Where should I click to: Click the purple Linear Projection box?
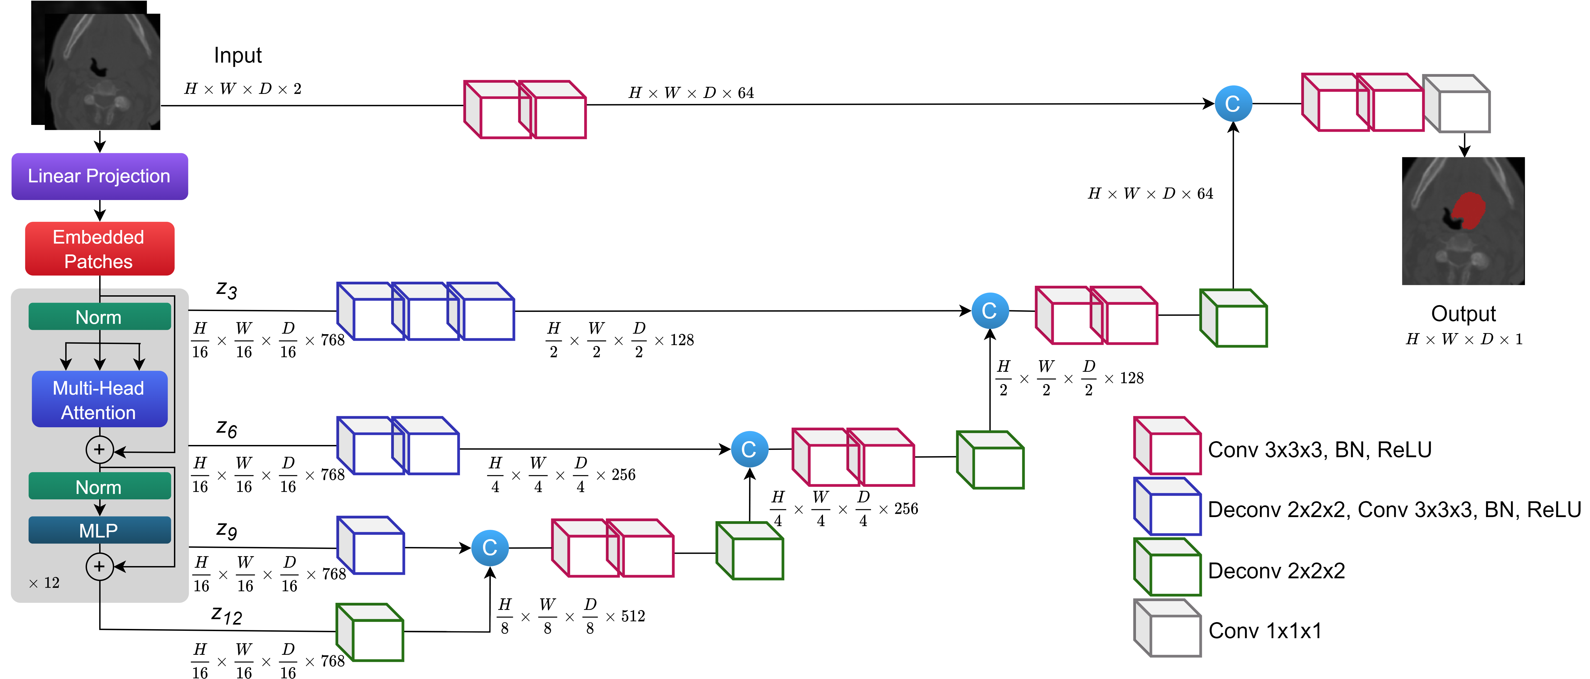(x=99, y=176)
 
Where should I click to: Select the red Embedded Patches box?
(x=99, y=249)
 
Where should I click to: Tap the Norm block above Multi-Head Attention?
(x=99, y=317)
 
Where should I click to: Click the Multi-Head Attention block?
(x=99, y=400)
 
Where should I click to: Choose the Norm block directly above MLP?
(x=99, y=487)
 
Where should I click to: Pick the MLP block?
(x=99, y=530)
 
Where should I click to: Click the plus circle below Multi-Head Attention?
(x=99, y=450)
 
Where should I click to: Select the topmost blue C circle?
(x=1233, y=104)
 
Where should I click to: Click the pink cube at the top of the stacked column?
(x=1168, y=446)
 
